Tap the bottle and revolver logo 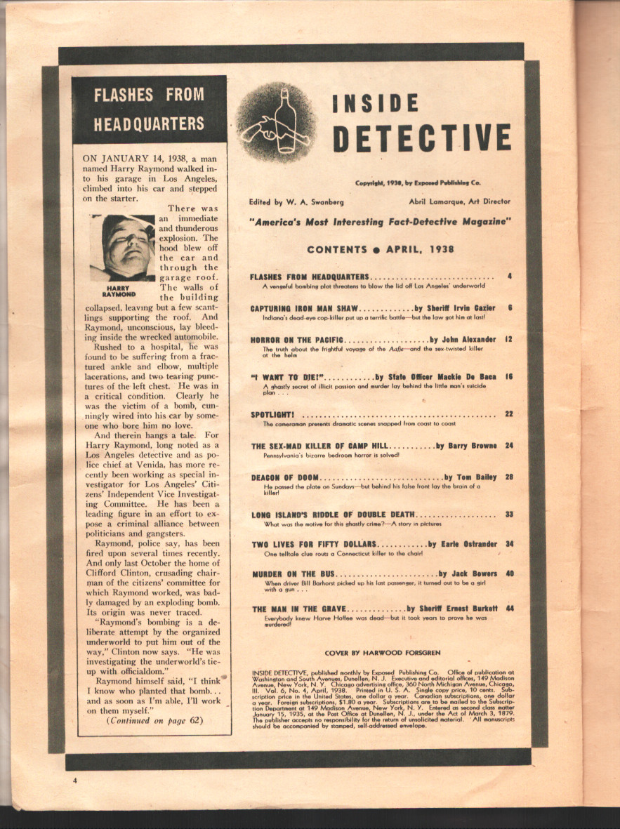coord(276,121)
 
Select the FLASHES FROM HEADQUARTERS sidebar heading coord(150,109)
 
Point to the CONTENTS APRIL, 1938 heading coord(381,249)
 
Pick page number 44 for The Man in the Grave coord(509,609)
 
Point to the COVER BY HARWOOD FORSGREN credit coord(383,653)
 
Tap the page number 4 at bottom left coord(72,780)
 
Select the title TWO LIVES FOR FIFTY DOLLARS coord(314,544)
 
